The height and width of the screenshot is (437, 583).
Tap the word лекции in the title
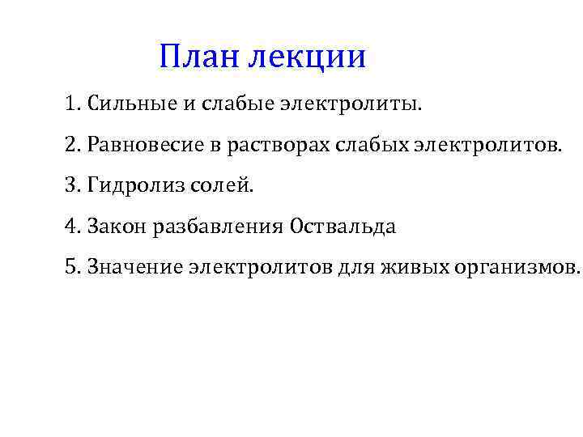pos(307,57)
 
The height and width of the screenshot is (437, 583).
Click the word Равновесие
pos(137,145)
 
